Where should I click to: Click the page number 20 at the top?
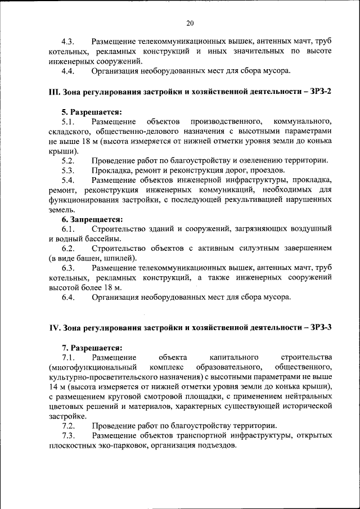[x=190, y=23]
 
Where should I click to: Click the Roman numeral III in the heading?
[x=55, y=92]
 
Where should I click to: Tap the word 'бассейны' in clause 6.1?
[x=94, y=239]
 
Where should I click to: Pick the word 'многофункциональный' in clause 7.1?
[x=93, y=367]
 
